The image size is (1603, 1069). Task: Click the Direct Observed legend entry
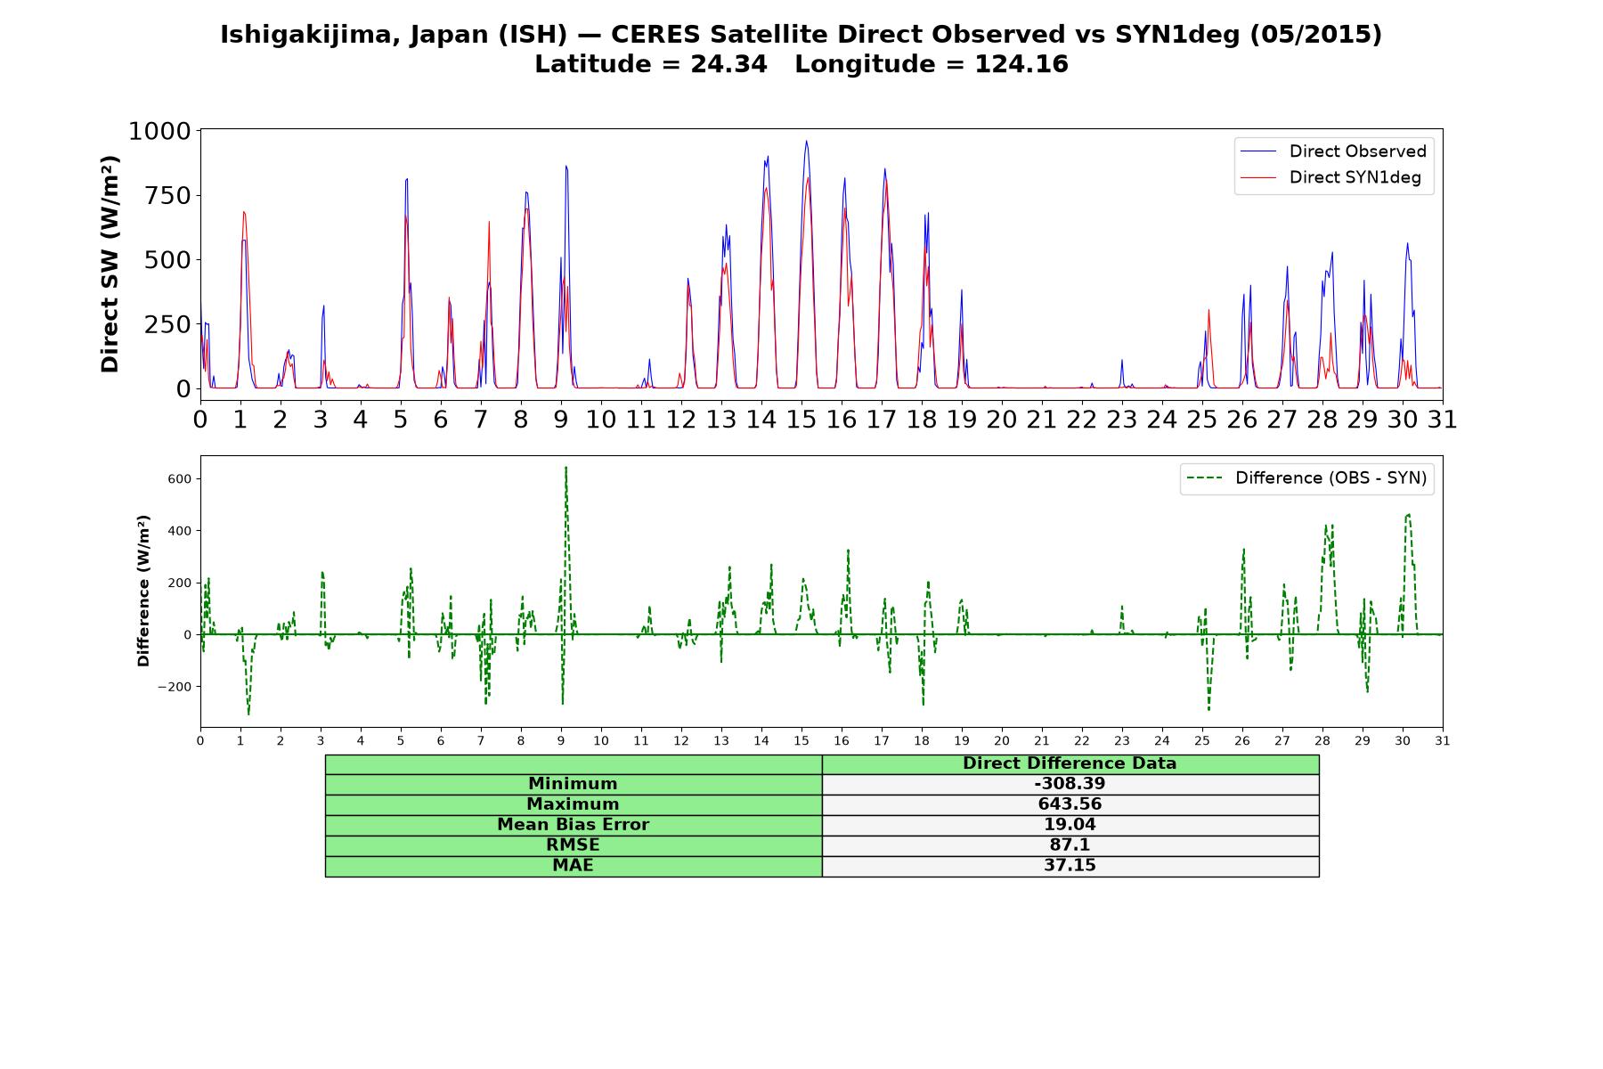[x=1334, y=151]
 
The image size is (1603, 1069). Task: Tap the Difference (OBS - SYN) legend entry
[x=1306, y=478]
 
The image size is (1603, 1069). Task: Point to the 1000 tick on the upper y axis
[x=160, y=132]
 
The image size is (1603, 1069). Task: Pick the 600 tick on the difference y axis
[x=179, y=479]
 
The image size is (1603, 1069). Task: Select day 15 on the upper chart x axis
[x=801, y=419]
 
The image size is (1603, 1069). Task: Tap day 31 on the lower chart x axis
[x=1443, y=740]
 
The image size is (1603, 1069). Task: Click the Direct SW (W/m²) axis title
[x=110, y=264]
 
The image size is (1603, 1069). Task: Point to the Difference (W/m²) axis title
[x=143, y=591]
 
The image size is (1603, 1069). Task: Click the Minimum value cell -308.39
[x=1070, y=784]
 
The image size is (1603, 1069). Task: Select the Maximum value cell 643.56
[x=1070, y=804]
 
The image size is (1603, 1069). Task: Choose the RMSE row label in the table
[x=574, y=845]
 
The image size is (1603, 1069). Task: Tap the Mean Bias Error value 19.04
[x=1070, y=825]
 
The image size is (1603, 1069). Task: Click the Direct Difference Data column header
[x=1070, y=763]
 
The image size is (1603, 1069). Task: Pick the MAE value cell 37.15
[x=1070, y=866]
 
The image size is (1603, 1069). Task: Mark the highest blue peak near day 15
[x=806, y=141]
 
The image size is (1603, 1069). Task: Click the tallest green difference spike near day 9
[x=566, y=467]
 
